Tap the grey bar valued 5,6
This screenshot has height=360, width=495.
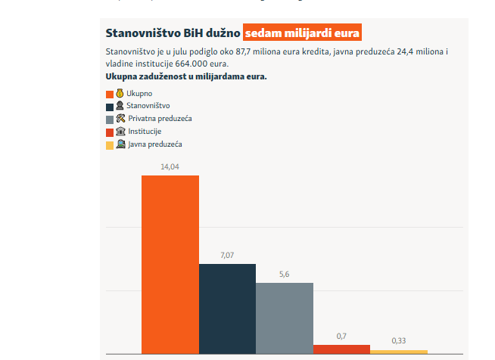(x=284, y=317)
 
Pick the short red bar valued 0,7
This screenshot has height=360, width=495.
(x=341, y=349)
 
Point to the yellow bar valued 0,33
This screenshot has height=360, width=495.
(x=399, y=352)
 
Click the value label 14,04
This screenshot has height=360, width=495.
(x=170, y=166)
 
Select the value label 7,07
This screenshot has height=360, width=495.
(x=227, y=255)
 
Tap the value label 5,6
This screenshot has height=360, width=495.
(x=284, y=274)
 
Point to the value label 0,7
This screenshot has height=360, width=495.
(x=341, y=336)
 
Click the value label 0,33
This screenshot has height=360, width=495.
(x=399, y=341)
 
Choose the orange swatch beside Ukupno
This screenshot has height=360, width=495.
(x=110, y=94)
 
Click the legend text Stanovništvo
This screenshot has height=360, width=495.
(x=148, y=106)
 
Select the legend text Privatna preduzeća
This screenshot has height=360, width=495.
(x=160, y=119)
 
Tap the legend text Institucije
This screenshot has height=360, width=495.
(x=145, y=132)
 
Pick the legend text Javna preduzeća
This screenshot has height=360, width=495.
(x=155, y=144)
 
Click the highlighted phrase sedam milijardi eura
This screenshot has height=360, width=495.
(x=303, y=33)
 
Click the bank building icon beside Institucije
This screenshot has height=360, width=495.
(x=120, y=131)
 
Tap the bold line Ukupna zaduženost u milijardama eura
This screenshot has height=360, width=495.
(x=186, y=76)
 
